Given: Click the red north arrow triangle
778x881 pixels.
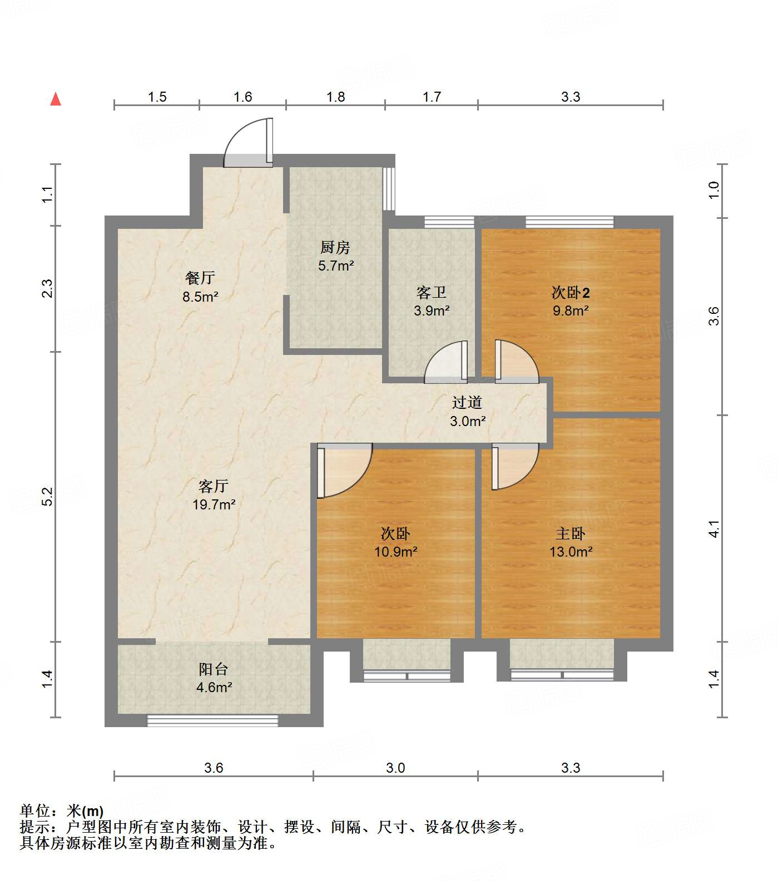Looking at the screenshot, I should (x=56, y=99).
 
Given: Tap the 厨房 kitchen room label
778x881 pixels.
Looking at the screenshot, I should (x=335, y=247).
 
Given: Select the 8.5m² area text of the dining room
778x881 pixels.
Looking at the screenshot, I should (x=200, y=297).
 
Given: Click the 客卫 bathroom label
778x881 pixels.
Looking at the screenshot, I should (x=432, y=292).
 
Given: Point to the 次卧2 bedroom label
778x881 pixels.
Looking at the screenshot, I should (x=570, y=292).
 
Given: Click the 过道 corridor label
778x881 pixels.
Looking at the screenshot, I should (x=467, y=402).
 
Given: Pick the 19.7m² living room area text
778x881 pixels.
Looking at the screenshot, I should (x=214, y=505).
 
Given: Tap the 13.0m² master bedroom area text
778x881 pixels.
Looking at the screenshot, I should (x=571, y=552).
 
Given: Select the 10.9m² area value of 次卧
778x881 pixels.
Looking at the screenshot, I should (x=395, y=552).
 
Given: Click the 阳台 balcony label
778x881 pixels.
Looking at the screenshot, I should (x=214, y=669).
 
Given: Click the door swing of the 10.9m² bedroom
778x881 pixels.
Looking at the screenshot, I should (x=343, y=469).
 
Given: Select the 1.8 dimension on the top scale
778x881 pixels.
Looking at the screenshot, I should (x=335, y=97).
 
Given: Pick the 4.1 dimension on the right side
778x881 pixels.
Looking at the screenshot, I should (x=714, y=528).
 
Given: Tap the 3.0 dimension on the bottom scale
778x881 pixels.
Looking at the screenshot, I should (x=395, y=768).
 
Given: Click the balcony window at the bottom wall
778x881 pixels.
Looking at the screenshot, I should (x=212, y=720).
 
